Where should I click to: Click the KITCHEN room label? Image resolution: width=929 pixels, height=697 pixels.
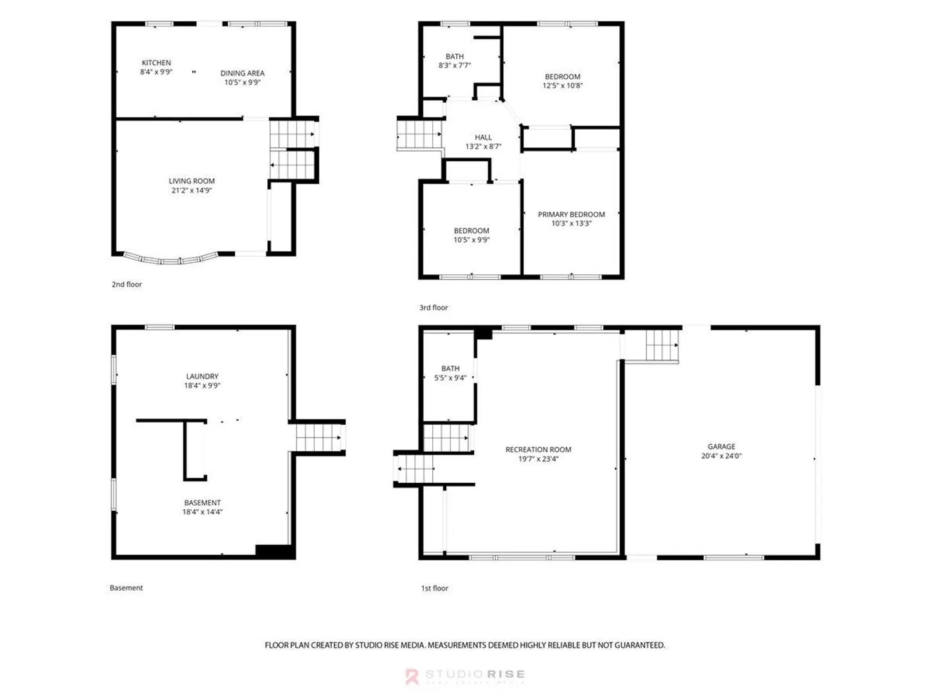coord(156,63)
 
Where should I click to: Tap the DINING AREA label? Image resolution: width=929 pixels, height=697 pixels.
coord(242,73)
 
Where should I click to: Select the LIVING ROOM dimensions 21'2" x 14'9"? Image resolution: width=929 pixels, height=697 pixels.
coord(192,190)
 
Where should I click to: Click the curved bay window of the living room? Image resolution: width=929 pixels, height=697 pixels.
coord(171,259)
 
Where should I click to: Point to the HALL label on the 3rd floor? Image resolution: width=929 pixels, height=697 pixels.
coord(483,137)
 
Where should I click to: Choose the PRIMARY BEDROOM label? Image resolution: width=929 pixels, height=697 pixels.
coord(571,214)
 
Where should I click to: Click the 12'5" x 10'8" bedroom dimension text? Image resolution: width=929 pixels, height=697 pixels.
coord(563,85)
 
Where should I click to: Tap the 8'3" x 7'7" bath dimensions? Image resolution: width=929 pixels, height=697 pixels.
coord(455,65)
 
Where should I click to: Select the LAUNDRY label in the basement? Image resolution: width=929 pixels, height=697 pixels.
coord(203,376)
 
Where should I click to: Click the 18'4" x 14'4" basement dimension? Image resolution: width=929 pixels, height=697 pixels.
coord(203,512)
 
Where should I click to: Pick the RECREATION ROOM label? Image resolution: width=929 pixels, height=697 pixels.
coord(538,449)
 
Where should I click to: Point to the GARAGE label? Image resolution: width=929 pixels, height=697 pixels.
coord(721,447)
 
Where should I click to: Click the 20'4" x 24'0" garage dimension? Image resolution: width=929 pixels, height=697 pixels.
coord(721,456)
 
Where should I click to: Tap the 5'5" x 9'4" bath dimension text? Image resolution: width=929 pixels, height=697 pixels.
coord(450,378)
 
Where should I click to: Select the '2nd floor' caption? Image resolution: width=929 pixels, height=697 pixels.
coord(126,285)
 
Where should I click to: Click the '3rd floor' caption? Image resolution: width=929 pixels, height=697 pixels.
coord(434,308)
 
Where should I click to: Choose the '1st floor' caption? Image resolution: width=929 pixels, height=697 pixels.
coord(435,588)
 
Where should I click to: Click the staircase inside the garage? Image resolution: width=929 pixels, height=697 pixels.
coord(662,345)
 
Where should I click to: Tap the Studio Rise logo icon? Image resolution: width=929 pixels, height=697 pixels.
coord(412,676)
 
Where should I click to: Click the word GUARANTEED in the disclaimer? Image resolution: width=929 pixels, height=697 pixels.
coord(639,645)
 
